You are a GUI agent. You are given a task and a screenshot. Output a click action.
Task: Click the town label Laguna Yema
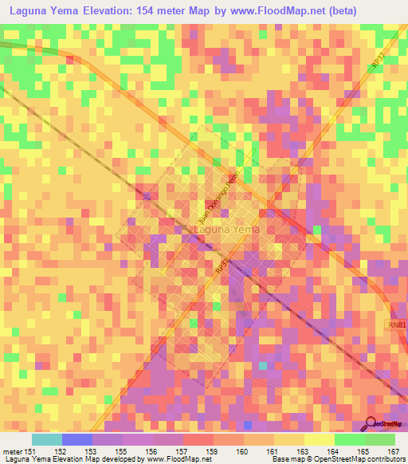[x=227, y=230]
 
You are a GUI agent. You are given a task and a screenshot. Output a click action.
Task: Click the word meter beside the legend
[x=12, y=451]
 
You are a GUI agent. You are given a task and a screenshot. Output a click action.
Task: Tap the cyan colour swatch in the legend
[x=47, y=439]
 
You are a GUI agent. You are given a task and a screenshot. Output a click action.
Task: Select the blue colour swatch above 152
[x=77, y=439]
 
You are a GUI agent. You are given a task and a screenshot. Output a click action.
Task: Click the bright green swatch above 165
[x=350, y=439]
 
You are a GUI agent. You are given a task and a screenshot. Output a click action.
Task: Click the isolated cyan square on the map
[x=262, y=365]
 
